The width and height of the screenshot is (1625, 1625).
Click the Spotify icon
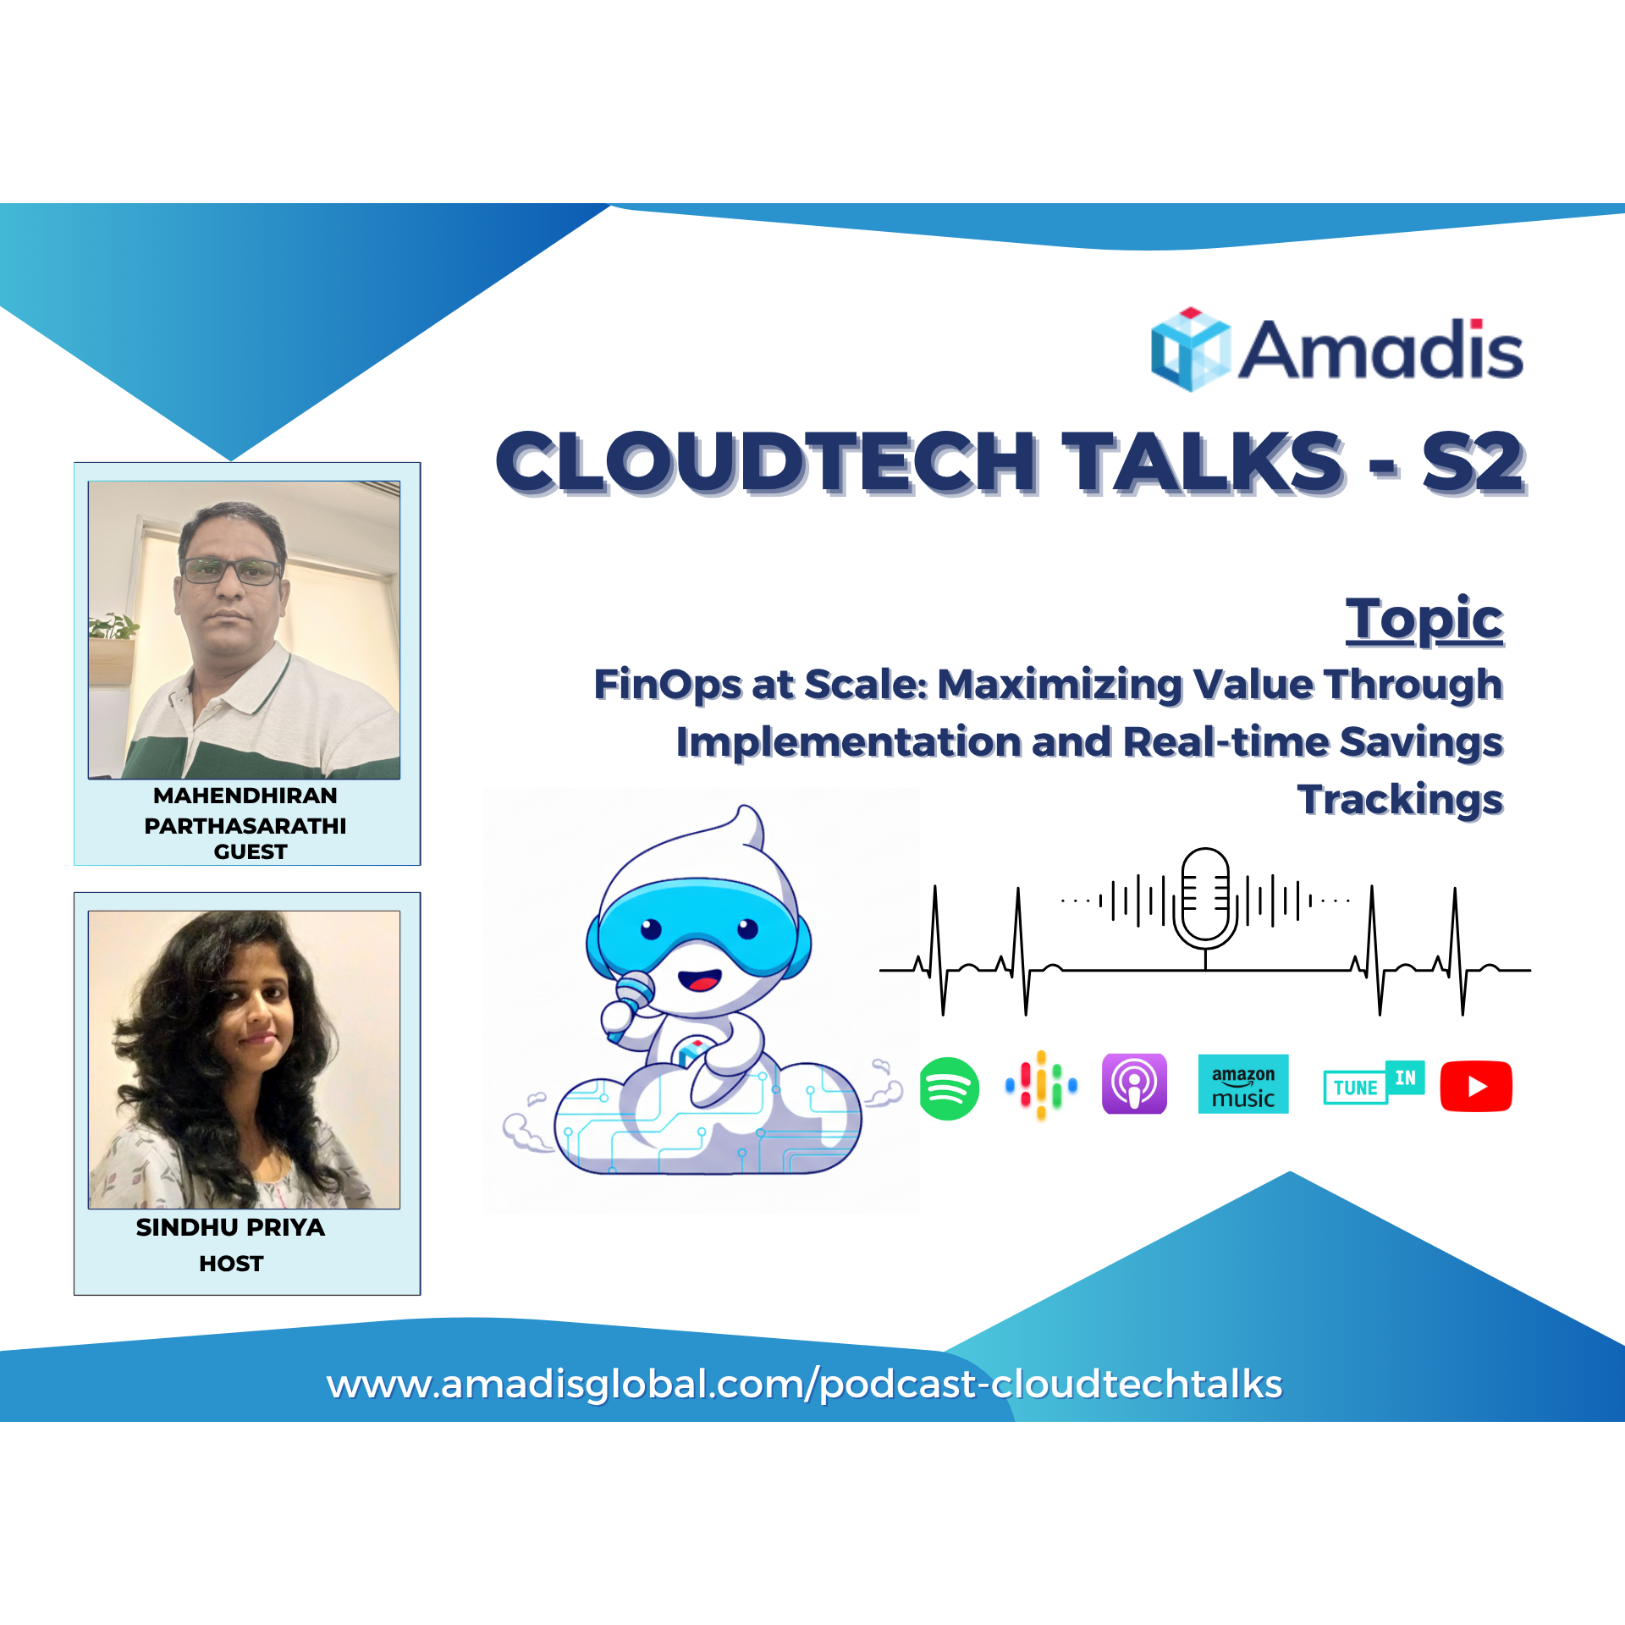click(x=949, y=1088)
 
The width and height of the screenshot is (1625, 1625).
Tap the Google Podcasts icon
click(x=1041, y=1086)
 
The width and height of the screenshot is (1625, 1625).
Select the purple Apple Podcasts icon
click(x=1134, y=1084)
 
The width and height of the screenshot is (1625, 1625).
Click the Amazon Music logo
click(x=1243, y=1084)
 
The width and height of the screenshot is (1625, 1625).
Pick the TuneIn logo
click(x=1374, y=1083)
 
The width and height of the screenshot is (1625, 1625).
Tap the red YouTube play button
click(x=1476, y=1086)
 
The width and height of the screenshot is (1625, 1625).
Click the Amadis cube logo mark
click(x=1190, y=350)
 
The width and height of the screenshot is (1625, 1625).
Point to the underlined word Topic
click(x=1424, y=620)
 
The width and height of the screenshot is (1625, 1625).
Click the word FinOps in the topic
click(x=668, y=685)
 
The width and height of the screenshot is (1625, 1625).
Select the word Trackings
click(x=1401, y=800)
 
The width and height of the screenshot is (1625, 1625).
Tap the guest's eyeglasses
click(x=231, y=571)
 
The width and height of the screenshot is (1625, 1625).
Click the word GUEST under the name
click(x=251, y=851)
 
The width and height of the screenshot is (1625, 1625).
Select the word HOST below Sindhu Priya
click(x=231, y=1264)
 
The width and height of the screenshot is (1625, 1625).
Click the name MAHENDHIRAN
click(x=245, y=796)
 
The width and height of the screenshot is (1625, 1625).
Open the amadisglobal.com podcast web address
click(x=805, y=1385)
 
